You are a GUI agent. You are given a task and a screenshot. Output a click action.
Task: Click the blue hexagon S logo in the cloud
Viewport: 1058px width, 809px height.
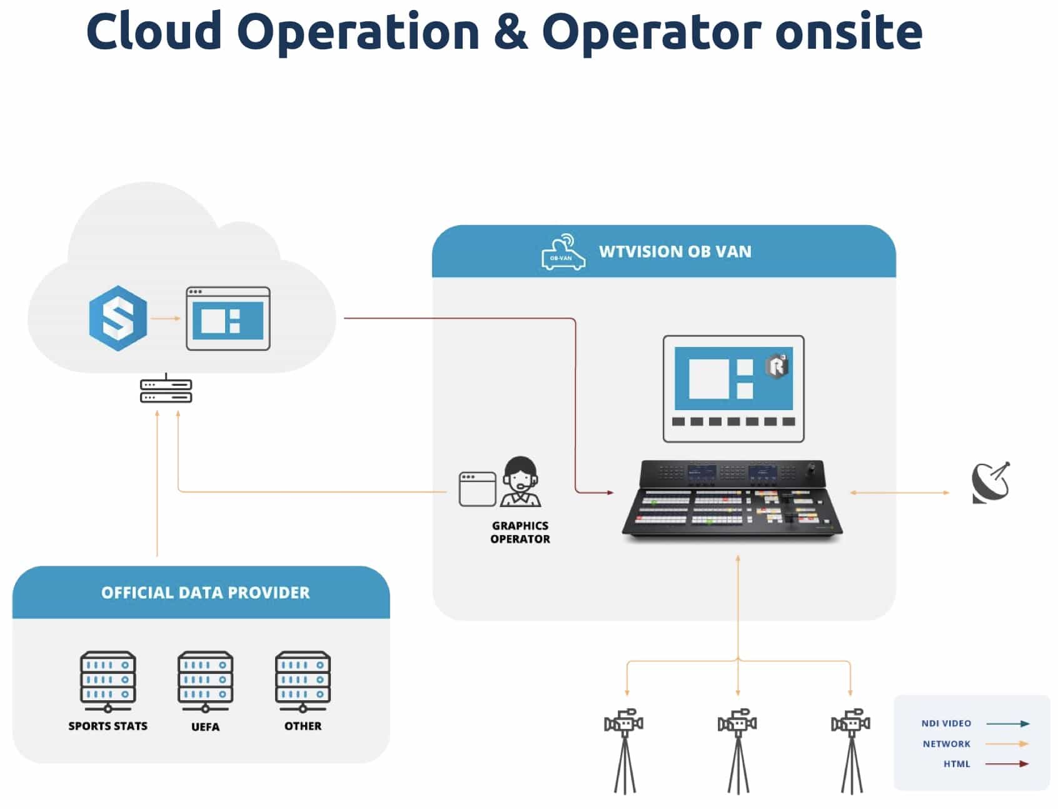pos(118,318)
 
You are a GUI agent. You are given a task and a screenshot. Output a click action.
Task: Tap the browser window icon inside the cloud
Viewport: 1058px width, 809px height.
pos(228,318)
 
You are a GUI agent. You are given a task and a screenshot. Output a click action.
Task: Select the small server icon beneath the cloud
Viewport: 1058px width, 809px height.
pos(166,391)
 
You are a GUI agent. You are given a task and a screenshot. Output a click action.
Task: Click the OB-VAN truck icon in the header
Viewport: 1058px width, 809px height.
pos(563,253)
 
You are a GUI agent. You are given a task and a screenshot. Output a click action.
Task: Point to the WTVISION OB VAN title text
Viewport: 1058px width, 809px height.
pos(675,251)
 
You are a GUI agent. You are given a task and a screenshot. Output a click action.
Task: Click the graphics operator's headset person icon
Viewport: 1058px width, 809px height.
pos(520,481)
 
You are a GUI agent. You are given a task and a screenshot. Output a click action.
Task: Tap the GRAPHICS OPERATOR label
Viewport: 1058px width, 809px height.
pos(520,532)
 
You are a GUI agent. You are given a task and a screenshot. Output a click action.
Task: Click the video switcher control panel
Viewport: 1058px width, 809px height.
pos(732,498)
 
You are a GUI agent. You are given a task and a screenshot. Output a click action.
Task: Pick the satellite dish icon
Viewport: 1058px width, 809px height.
pos(990,483)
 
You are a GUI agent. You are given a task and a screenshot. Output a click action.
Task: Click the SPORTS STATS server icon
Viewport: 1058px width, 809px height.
pos(108,681)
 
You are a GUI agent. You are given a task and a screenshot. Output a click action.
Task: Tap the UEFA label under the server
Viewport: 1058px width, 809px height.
pos(205,726)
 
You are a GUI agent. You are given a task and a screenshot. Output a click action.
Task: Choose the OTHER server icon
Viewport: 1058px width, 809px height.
pos(303,681)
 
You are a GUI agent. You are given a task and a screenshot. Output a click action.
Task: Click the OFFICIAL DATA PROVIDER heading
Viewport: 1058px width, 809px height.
pos(205,592)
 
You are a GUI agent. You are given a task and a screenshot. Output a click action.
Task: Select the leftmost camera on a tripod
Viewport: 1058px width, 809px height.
pos(624,750)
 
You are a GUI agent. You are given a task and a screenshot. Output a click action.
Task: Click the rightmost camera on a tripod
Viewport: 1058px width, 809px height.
pos(850,750)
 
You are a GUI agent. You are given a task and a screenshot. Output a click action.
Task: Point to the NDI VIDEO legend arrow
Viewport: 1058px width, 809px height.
pos(1007,723)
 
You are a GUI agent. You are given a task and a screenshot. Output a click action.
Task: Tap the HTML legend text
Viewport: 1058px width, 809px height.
pos(957,763)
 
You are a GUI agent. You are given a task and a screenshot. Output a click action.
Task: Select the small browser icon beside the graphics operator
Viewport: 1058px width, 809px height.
pos(477,489)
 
